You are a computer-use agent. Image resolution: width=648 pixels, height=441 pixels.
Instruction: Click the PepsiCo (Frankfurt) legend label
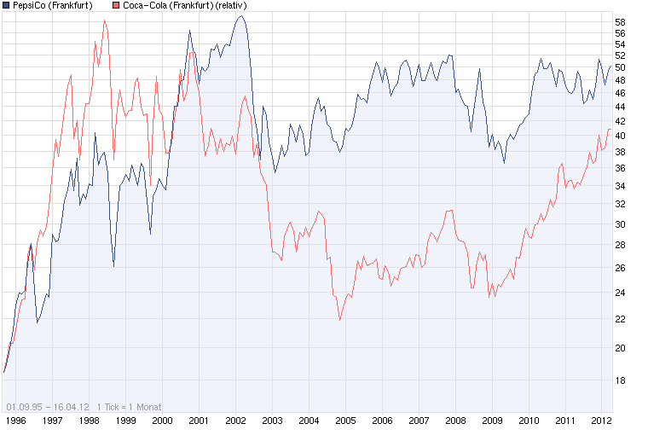[x=53, y=5]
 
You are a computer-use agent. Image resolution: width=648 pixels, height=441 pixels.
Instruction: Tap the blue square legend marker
[x=6, y=5]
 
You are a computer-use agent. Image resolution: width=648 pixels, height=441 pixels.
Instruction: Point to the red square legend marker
[x=116, y=5]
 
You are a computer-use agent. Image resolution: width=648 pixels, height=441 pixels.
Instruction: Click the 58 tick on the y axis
[x=620, y=21]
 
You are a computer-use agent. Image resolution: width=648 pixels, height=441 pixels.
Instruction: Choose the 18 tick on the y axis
[x=620, y=380]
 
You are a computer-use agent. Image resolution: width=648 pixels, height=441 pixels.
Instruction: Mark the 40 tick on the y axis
[x=620, y=136]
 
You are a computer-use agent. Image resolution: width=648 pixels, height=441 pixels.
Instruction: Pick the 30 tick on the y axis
[x=620, y=224]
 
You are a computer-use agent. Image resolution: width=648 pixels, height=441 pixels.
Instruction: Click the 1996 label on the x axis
[x=15, y=421]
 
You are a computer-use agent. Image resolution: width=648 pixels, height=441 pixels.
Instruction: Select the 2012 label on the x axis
[x=602, y=421]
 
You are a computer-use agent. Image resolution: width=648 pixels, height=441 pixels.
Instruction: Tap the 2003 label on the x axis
[x=272, y=421]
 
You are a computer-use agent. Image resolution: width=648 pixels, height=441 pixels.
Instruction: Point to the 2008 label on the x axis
[x=455, y=421]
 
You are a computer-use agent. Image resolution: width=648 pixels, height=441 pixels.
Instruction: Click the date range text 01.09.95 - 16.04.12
[x=48, y=406]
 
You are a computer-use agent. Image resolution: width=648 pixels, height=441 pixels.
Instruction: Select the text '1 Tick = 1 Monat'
[x=130, y=406]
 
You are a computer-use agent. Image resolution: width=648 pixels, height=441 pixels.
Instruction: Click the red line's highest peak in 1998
[x=104, y=20]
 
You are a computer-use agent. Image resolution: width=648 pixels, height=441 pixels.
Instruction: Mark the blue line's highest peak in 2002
[x=241, y=16]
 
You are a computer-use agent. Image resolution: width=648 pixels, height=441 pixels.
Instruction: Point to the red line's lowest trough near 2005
[x=339, y=320]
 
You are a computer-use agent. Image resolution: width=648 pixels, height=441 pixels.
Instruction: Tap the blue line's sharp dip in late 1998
[x=113, y=267]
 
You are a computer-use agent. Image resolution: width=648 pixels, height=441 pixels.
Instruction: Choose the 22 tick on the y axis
[x=620, y=319]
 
